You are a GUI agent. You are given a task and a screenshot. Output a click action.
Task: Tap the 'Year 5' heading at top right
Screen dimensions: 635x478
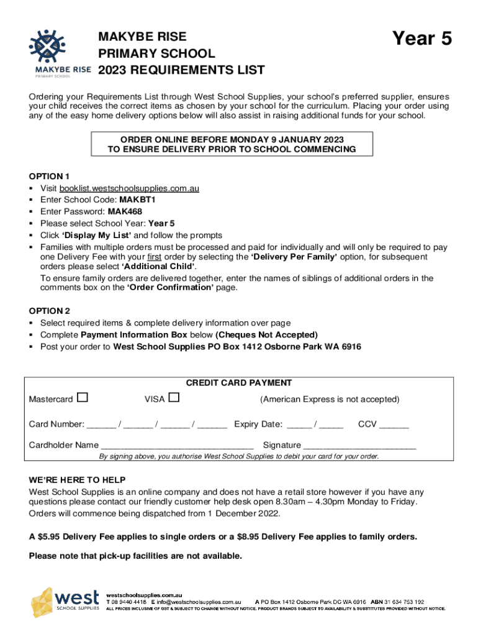coord(422,39)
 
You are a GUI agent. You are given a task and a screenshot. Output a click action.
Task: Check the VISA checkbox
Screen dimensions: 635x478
coord(174,397)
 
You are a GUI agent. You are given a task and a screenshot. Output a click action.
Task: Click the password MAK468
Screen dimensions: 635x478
coord(125,211)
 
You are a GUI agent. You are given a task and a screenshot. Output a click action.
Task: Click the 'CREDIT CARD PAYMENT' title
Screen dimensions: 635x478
coord(239,383)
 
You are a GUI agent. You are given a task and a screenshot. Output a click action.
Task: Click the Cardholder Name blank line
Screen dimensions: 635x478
coord(177,446)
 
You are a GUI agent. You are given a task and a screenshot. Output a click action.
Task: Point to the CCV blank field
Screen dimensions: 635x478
coord(394,425)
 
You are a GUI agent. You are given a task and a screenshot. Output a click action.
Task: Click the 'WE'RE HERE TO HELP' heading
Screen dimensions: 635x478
coord(77,480)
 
